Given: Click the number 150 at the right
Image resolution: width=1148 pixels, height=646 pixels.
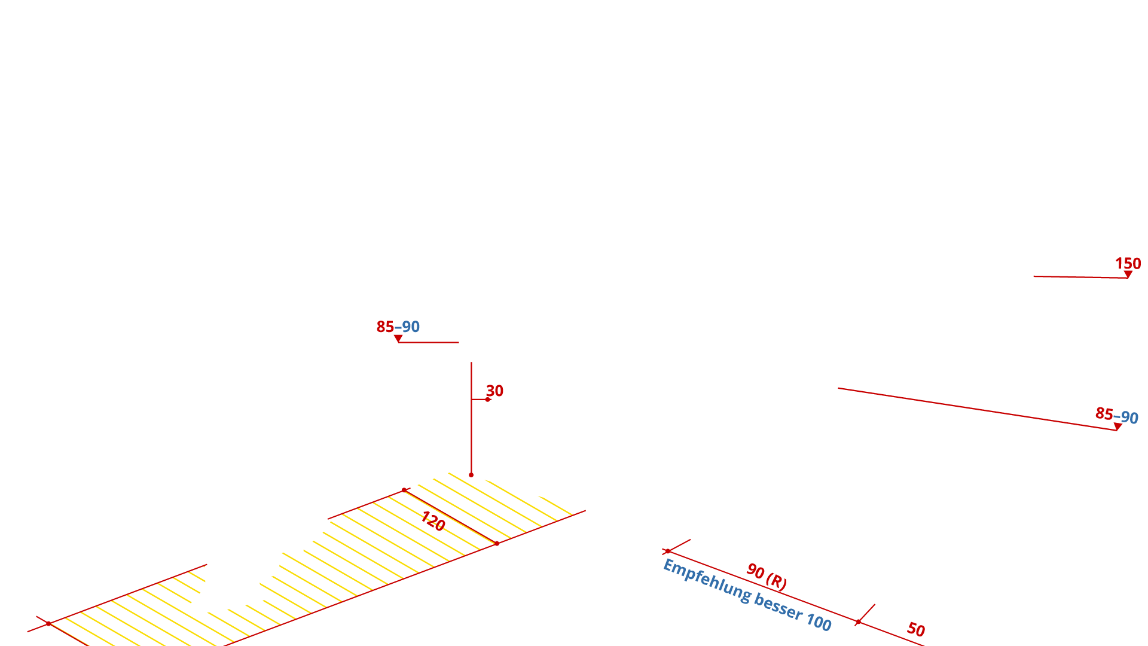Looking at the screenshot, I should (1128, 263).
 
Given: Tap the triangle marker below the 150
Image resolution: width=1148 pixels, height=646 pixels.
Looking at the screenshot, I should (1128, 274).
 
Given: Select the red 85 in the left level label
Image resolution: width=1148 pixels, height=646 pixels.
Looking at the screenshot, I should (385, 327).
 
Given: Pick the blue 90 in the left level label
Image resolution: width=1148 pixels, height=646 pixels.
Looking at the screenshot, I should (411, 327).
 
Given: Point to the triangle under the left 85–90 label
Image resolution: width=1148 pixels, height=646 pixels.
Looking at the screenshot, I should (398, 339).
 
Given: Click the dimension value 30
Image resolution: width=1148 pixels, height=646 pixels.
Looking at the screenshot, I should (495, 391).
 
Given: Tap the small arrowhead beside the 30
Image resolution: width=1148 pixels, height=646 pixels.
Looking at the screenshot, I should (488, 399).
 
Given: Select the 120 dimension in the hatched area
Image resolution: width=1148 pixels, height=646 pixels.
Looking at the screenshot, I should (433, 520).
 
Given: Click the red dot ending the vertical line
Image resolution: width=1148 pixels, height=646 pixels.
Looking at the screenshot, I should (471, 475).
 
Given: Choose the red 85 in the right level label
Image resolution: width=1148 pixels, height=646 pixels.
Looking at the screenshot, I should (1104, 413).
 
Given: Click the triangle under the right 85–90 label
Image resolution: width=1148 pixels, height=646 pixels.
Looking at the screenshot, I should (1117, 426).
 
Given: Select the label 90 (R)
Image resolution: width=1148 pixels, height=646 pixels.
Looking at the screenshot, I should (767, 576).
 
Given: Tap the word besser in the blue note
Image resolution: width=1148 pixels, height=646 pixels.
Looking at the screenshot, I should (778, 607).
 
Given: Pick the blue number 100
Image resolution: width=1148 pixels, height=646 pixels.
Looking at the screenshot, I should (819, 622).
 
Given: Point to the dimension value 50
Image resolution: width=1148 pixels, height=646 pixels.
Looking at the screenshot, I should (916, 629).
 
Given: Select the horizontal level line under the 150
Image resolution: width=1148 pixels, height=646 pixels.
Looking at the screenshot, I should (1076, 276).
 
